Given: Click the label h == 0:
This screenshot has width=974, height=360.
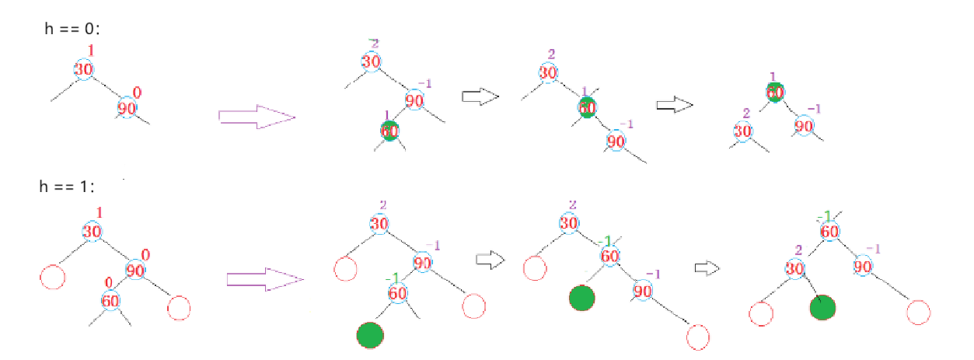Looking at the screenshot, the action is coord(74,28).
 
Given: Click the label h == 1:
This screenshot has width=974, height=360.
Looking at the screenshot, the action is coord(68,187).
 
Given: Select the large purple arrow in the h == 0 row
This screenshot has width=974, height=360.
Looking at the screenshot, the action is coord(257,117).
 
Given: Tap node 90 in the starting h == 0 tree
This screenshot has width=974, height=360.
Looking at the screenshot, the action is coord(127,108).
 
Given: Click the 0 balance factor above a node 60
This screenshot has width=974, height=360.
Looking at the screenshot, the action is coord(110,281).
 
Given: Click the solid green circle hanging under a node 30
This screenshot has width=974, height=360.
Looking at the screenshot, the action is coord(822,307).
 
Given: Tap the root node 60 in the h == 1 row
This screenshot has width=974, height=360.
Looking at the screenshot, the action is coord(829,231).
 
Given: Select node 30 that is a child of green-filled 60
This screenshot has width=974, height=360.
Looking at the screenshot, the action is coord(742,130).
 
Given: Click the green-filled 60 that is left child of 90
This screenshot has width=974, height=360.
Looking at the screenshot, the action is coord(389,131).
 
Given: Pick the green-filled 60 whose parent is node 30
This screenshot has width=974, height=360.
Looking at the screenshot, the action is coord(588,107).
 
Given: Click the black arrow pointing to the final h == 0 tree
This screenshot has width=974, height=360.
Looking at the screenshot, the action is coord(673,105).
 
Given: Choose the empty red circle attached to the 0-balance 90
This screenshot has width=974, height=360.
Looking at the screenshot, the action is coord(179,308).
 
